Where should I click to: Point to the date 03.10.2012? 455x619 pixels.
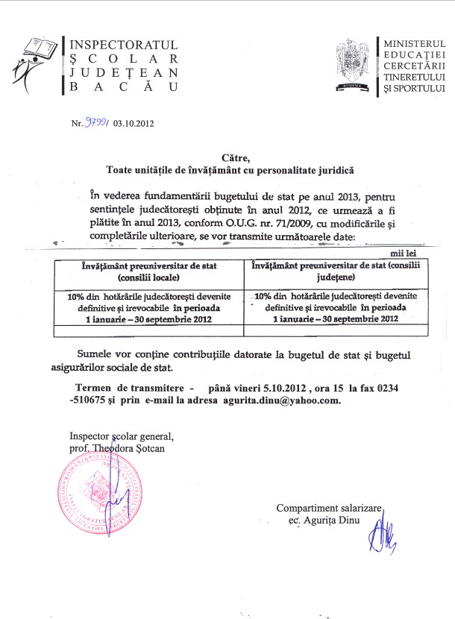coord(134,125)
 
